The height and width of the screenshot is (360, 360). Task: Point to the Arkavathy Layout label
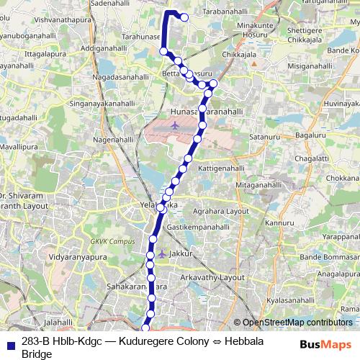[212, 277]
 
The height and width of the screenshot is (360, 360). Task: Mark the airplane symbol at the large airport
[175, 126]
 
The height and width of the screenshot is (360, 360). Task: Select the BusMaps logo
[325, 345]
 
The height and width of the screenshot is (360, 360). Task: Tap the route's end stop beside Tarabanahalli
[184, 17]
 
